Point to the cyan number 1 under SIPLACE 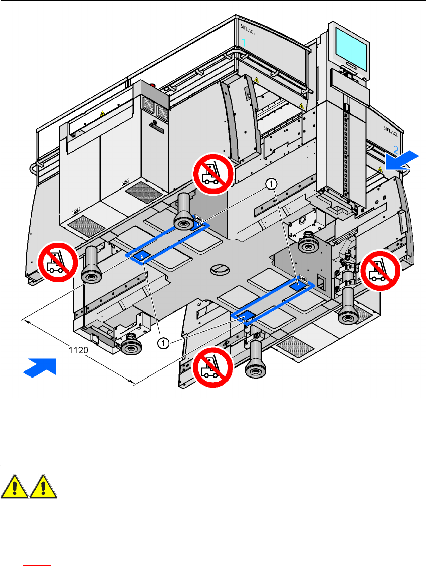[x=244, y=43]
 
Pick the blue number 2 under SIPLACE [x=396, y=149]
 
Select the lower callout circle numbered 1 [x=163, y=343]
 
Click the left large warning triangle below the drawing [x=15, y=487]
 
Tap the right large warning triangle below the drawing [x=43, y=487]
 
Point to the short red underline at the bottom [x=38, y=564]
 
